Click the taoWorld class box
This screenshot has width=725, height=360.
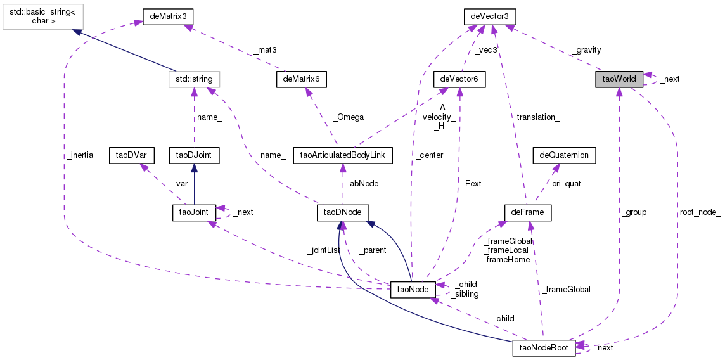[x=619, y=79]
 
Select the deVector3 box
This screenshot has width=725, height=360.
[x=490, y=15]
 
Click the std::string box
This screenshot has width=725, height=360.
[x=194, y=79]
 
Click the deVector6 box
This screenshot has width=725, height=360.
[x=459, y=79]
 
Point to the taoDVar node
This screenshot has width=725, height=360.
[x=129, y=155]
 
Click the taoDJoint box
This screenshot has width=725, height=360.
[x=194, y=155]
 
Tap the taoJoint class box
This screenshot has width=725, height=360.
[x=194, y=212]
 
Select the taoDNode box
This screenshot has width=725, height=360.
[x=343, y=212]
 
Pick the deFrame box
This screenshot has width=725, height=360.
[x=527, y=212]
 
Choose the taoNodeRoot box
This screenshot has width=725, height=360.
[x=544, y=347]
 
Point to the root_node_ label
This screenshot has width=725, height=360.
[x=700, y=212]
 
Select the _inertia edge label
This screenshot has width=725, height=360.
[x=79, y=155]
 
